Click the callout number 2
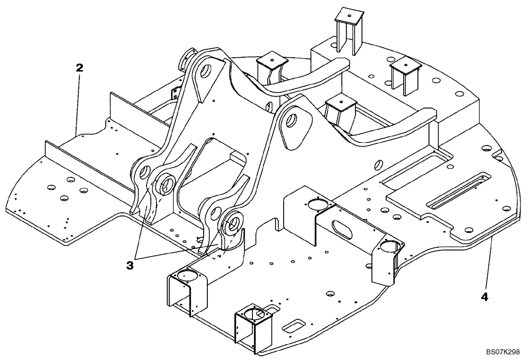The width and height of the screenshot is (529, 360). coord(79,68)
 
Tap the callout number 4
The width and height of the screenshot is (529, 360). coord(484,296)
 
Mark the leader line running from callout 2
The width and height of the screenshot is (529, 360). coord(78,103)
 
